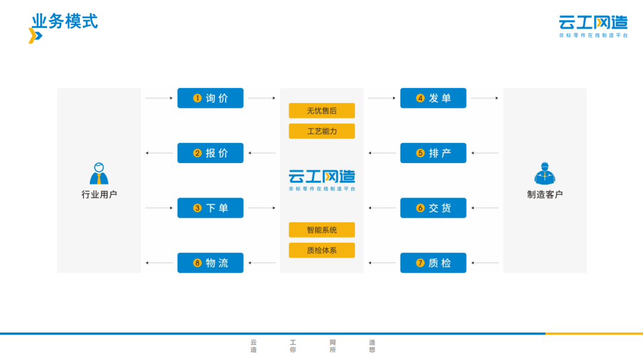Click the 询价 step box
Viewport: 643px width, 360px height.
click(210, 98)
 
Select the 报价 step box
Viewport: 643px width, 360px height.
click(210, 153)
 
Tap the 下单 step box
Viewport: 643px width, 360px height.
click(210, 208)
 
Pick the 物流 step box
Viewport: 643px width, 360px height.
click(210, 262)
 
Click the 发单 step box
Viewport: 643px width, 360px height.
click(433, 98)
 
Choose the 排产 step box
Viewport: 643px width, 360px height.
click(433, 153)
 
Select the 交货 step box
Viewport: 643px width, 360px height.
click(433, 208)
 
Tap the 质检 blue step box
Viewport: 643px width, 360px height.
click(433, 262)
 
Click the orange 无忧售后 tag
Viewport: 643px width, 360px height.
click(321, 111)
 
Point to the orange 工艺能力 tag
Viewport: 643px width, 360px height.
click(321, 131)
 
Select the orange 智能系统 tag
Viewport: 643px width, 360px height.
click(321, 230)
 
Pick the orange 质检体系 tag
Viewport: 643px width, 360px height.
click(321, 251)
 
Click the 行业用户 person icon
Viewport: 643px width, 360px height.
click(99, 173)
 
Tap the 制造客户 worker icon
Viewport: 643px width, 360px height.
click(544, 173)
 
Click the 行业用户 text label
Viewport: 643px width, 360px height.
click(99, 195)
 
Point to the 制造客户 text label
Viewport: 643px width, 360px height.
click(544, 195)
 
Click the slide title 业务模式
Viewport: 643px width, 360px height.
click(65, 21)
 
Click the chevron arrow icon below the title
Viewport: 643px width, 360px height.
click(35, 36)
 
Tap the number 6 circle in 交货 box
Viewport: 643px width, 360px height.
click(420, 208)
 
